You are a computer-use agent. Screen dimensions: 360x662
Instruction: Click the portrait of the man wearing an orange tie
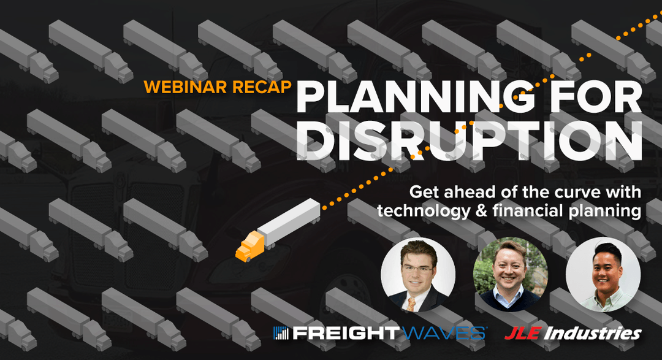click(x=418, y=274)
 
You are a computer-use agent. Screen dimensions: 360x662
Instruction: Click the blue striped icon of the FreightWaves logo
click(x=282, y=334)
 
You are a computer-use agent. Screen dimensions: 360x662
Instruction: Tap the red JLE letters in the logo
click(x=521, y=334)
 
